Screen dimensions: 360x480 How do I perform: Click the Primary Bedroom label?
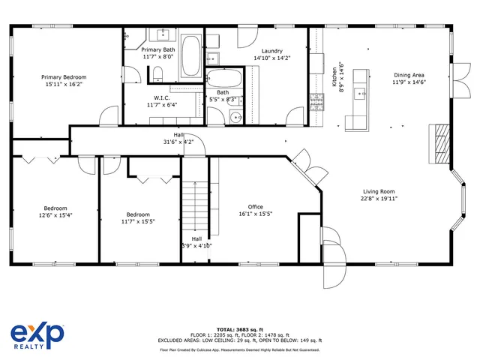pyautogui.click(x=64, y=77)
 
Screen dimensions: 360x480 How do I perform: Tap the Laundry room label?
pyautogui.click(x=256, y=50)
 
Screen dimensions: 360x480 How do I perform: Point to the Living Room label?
pyautogui.click(x=379, y=191)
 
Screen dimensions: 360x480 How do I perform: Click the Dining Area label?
pyautogui.click(x=409, y=75)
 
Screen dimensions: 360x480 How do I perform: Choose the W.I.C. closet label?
pyautogui.click(x=161, y=97)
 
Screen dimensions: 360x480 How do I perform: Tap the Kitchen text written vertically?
pyautogui.click(x=334, y=76)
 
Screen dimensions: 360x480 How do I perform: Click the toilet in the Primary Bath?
pyautogui.click(x=157, y=73)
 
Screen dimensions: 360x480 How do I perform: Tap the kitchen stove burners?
pyautogui.click(x=316, y=100)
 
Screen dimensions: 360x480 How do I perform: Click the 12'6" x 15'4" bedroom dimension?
pyautogui.click(x=55, y=215)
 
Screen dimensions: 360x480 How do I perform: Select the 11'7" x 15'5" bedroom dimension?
pyautogui.click(x=138, y=222)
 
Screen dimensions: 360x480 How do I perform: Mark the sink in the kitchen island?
pyautogui.click(x=358, y=94)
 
